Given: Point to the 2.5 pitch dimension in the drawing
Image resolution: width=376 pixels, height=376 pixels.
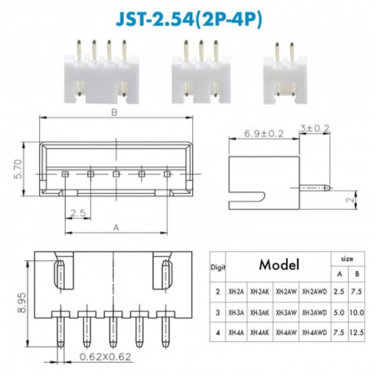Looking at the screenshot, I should point(77,214).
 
